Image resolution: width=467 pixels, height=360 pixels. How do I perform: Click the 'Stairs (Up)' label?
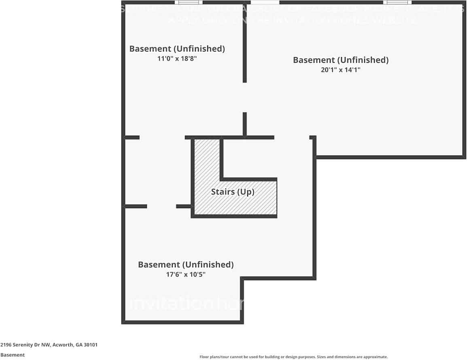pyautogui.click(x=233, y=192)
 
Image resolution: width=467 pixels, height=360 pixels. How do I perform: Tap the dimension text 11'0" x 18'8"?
pyautogui.click(x=177, y=58)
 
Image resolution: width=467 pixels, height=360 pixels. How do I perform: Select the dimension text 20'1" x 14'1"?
pyautogui.click(x=340, y=70)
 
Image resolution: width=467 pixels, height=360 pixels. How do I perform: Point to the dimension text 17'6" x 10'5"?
pyautogui.click(x=186, y=274)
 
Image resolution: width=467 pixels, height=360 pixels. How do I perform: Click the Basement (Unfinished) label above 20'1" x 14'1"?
pyautogui.click(x=340, y=60)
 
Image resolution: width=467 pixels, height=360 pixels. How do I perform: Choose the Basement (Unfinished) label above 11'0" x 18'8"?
pyautogui.click(x=177, y=49)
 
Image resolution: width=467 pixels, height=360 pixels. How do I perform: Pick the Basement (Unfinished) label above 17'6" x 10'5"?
pyautogui.click(x=186, y=264)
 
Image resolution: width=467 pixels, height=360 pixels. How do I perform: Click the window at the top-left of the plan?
pyautogui.click(x=186, y=2)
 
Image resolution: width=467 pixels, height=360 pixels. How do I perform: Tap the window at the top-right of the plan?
pyautogui.click(x=395, y=2)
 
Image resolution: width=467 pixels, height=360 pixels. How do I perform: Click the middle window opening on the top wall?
pyautogui.click(x=265, y=2)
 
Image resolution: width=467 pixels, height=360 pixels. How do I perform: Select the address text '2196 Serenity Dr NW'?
pyautogui.click(x=25, y=345)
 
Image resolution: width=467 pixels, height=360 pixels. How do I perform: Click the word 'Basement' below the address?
pyautogui.click(x=13, y=355)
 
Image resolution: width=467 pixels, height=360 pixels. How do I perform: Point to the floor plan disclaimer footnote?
pyautogui.click(x=294, y=357)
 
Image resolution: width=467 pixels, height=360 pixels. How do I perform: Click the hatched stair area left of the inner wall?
pyautogui.click(x=207, y=162)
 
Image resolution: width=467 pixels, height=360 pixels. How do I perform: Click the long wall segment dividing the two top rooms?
pyautogui.click(x=244, y=49)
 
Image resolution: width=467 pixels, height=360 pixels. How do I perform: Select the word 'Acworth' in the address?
pyautogui.click(x=63, y=345)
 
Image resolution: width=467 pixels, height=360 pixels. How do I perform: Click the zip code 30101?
pyautogui.click(x=91, y=345)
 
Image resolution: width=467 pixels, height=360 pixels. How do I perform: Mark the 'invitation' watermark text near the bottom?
pyautogui.click(x=174, y=304)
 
